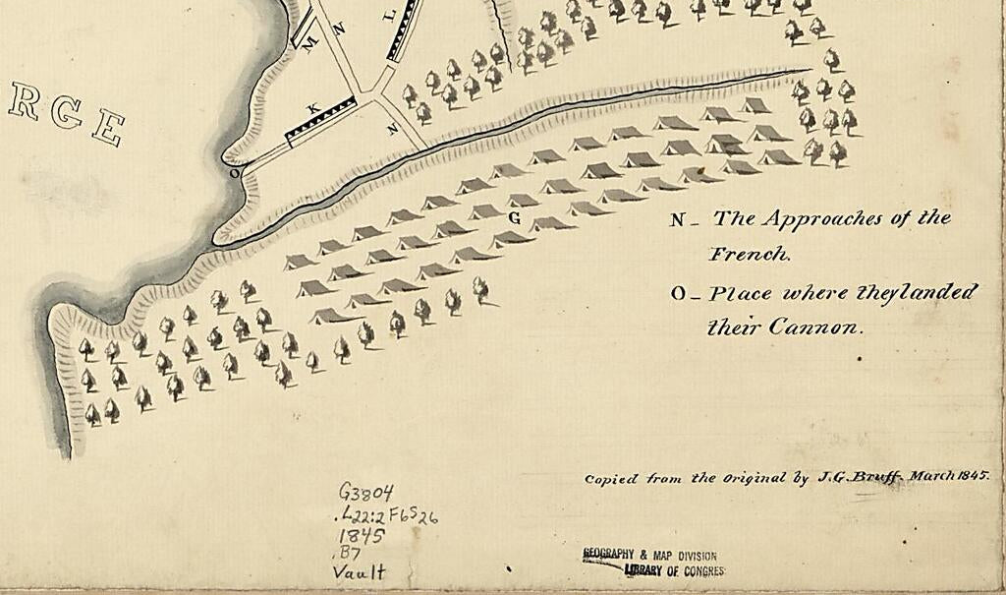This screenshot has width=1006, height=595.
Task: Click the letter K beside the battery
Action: click(x=313, y=107)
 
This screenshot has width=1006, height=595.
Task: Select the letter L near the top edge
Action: click(x=386, y=16)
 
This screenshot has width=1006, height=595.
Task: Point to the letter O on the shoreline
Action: click(x=234, y=173)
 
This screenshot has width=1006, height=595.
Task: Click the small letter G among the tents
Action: click(x=514, y=217)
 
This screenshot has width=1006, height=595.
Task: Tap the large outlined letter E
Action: click(x=108, y=128)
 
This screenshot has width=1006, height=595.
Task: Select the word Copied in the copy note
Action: click(x=612, y=479)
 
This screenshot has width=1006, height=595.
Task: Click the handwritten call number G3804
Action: click(x=365, y=492)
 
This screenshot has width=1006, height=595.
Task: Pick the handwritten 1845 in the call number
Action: click(x=361, y=535)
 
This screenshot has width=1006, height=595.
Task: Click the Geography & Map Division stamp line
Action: click(x=649, y=555)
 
